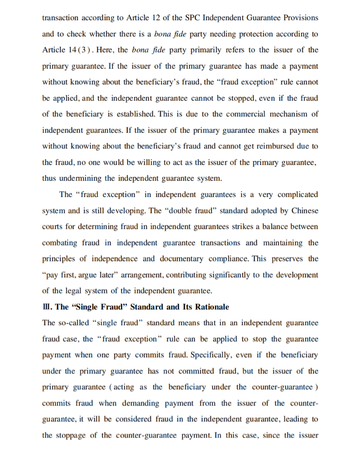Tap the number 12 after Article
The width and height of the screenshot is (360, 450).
(x=162, y=18)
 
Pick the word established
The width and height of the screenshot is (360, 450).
(x=131, y=114)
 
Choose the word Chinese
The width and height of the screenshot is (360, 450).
(x=305, y=211)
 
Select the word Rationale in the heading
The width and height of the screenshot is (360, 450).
(x=211, y=307)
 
